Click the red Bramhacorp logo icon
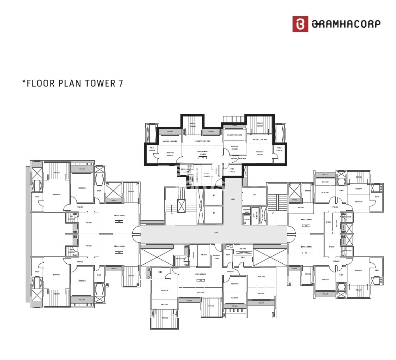(x=300, y=24)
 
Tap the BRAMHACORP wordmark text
(x=346, y=24)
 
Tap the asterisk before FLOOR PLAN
(x=24, y=82)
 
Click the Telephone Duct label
(x=246, y=211)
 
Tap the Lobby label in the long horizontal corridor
(x=216, y=233)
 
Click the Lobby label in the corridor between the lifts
(x=233, y=199)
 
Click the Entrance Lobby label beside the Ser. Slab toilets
(x=217, y=257)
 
